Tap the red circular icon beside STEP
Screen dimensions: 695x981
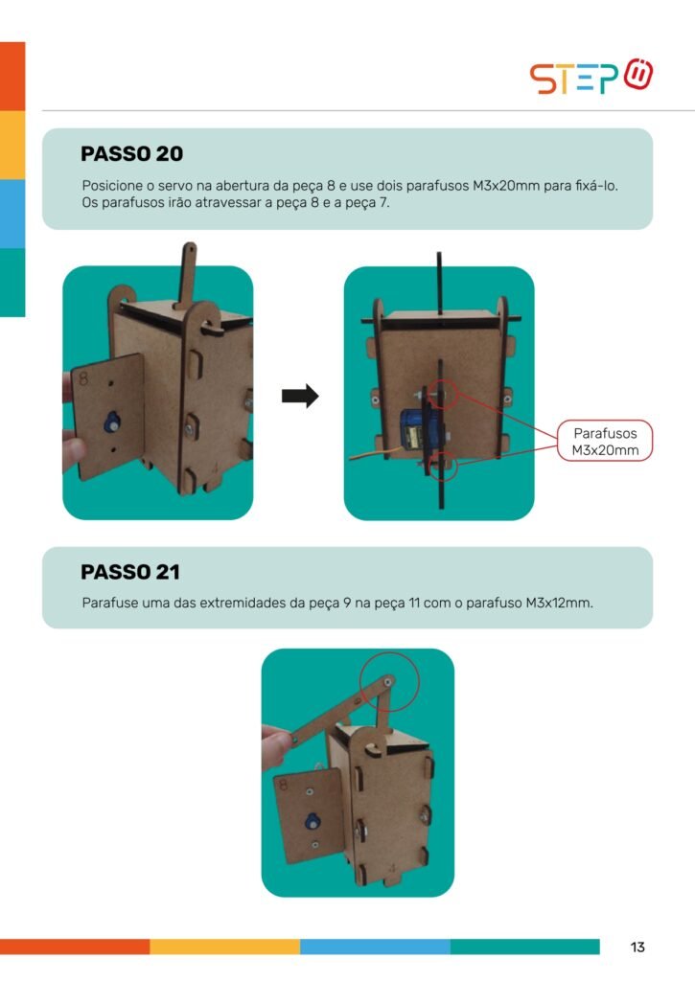(638, 75)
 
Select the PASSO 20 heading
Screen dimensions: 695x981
(131, 154)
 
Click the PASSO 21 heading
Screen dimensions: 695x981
(130, 572)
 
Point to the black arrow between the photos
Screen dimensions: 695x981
(300, 396)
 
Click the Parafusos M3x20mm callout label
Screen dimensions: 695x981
(605, 441)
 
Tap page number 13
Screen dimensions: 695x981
(637, 947)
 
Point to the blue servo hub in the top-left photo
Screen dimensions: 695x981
(114, 422)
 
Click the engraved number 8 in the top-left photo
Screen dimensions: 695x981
(83, 378)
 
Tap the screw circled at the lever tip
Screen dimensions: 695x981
(389, 681)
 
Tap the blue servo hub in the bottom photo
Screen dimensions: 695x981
(312, 822)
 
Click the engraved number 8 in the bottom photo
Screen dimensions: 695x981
(283, 785)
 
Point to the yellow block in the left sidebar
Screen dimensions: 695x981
(12, 146)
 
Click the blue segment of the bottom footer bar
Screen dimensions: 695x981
(375, 947)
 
